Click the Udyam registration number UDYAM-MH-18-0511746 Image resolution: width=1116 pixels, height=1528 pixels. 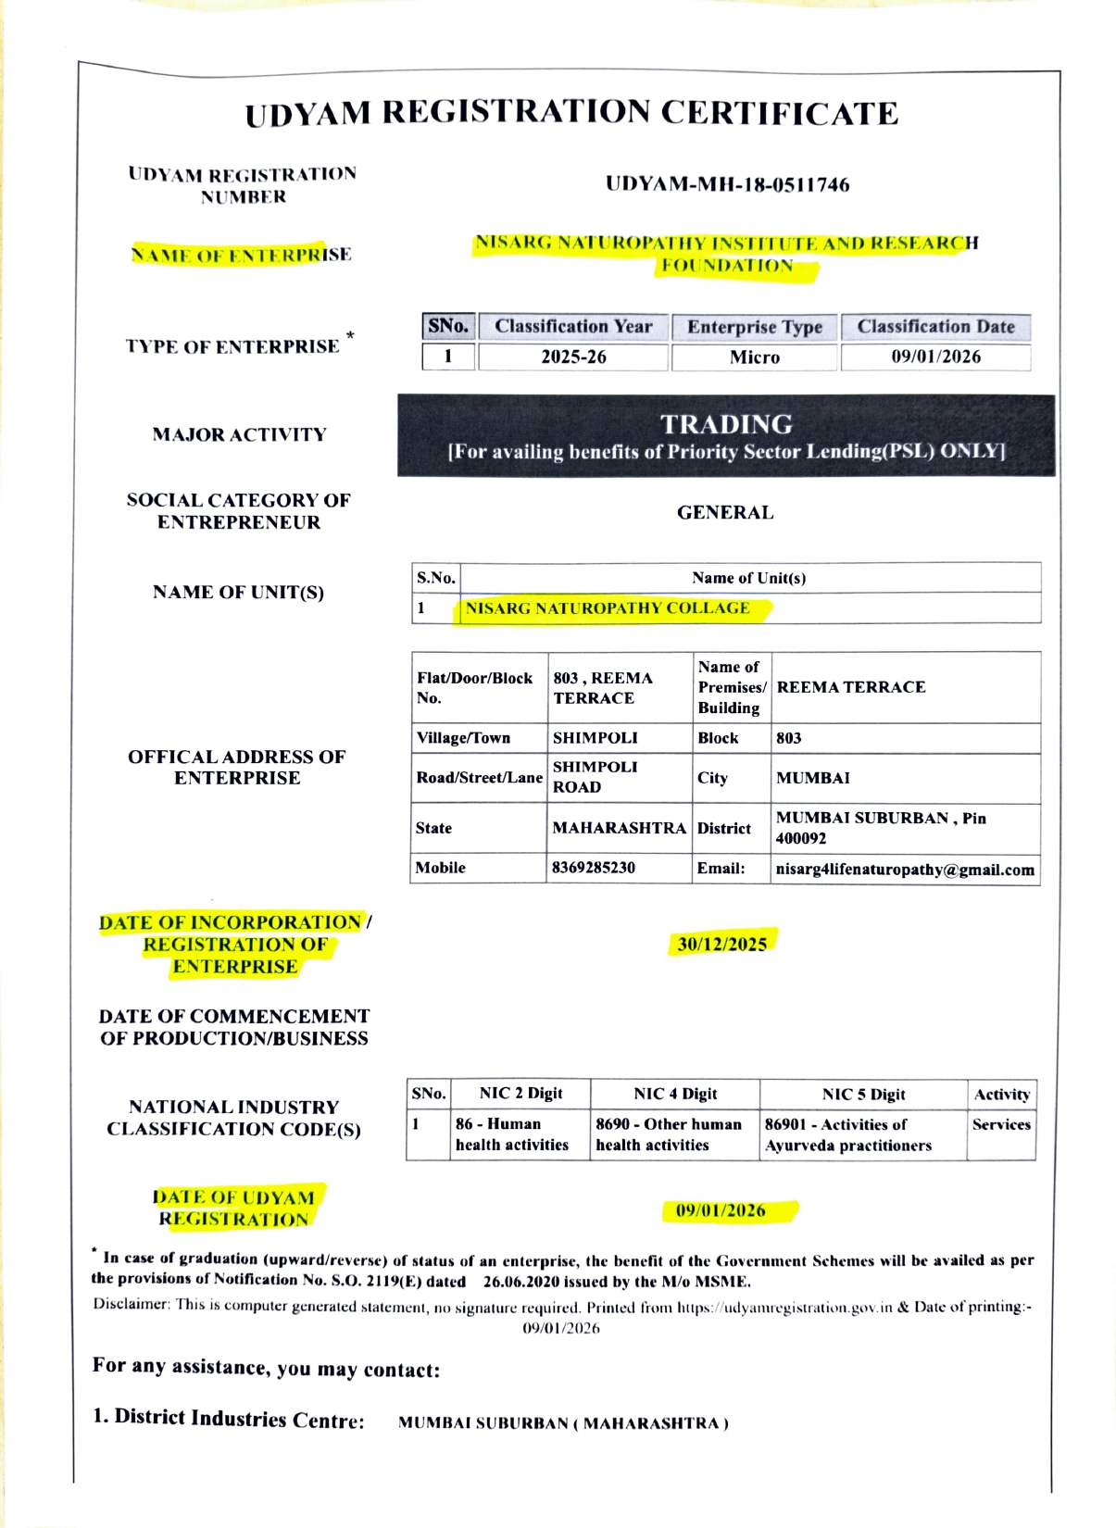pos(727,184)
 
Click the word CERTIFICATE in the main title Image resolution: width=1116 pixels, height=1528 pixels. pos(779,113)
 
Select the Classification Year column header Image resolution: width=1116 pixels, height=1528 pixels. pos(573,327)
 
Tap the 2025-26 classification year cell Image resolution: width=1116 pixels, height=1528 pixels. pos(573,357)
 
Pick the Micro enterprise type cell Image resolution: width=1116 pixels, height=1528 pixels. pos(755,357)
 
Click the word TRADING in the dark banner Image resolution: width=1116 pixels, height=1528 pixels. pos(726,424)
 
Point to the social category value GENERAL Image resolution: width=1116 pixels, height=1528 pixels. pos(725,512)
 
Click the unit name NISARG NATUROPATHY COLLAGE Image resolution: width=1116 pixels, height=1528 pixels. pos(608,608)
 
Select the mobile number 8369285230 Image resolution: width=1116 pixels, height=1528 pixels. pos(594,868)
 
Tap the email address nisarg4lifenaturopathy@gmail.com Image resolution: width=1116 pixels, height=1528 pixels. pos(905,870)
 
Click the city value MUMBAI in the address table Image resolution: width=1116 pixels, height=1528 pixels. pos(813,778)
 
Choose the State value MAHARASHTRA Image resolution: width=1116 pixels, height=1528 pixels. pos(619,828)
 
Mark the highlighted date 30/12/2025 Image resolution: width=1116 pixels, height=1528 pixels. pos(722,944)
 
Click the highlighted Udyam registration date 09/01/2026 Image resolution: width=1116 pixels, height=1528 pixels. pos(721,1210)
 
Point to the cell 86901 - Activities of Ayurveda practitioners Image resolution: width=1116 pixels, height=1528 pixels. pos(848,1134)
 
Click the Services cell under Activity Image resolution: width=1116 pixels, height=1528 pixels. pos(1001,1124)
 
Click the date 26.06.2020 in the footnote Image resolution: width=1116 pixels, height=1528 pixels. pos(524,1282)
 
